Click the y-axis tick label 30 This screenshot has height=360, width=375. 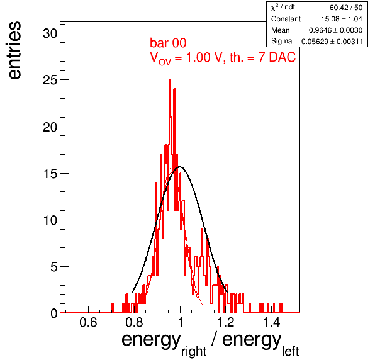(x=50, y=33)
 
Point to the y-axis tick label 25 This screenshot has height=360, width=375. (x=50, y=80)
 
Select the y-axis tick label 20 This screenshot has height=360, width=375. (x=50, y=127)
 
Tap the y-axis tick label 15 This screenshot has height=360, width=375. (x=50, y=174)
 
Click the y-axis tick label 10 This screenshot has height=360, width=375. (x=50, y=220)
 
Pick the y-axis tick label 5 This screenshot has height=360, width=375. (x=54, y=267)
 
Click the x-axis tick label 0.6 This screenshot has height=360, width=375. (x=88, y=322)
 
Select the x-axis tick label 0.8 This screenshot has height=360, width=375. (x=135, y=322)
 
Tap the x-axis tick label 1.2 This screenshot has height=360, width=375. (x=227, y=322)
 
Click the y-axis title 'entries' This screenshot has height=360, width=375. (x=14, y=50)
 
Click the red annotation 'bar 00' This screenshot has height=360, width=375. (x=168, y=43)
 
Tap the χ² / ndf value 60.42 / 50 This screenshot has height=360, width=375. (x=346, y=8)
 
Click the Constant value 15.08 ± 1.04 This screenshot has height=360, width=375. (x=342, y=19)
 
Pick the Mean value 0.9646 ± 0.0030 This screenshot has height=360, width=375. (x=335, y=30)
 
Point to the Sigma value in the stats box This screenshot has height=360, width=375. (x=332, y=42)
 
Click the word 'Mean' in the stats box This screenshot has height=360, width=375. (x=280, y=30)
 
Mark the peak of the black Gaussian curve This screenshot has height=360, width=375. (x=180, y=167)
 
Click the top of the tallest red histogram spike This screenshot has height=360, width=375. (x=170, y=79)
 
